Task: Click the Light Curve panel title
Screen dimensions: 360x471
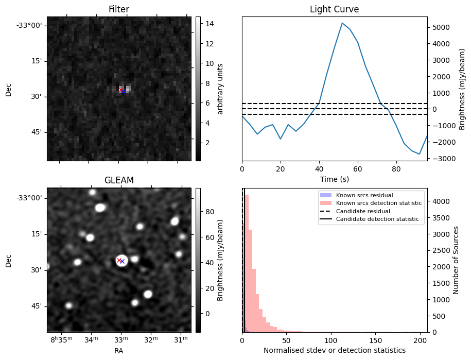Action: (334, 9)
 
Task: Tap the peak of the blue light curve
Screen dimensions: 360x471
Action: (342, 23)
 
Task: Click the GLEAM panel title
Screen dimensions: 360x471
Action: (119, 180)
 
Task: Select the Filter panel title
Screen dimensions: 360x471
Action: (119, 9)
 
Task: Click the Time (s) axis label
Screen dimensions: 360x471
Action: (334, 178)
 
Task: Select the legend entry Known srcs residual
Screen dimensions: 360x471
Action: (364, 195)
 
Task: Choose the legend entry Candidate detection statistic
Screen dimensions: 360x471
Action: (378, 219)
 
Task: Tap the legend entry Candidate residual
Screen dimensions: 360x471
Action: (363, 211)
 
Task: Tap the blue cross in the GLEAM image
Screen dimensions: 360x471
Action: (123, 262)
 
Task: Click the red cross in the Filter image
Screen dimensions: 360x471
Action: (120, 90)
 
